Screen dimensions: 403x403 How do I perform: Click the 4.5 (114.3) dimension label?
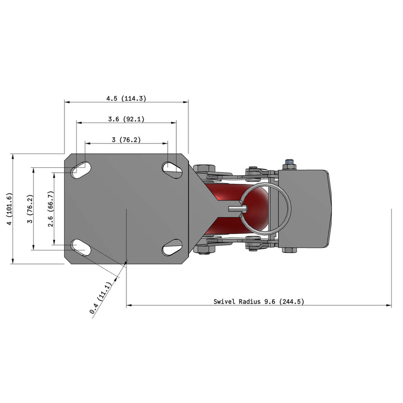coord(126,98)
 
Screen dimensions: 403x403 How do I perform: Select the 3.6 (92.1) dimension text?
coord(126,119)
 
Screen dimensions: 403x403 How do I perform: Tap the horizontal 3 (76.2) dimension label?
coord(126,140)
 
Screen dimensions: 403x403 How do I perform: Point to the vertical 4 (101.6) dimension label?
coord(9,209)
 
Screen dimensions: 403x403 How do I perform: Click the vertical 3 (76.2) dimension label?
coord(30,209)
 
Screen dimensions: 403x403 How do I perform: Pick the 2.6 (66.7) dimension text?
coord(51,209)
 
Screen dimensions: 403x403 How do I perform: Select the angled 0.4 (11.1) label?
coord(101,298)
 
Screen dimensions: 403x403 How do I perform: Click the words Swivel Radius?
coord(237,301)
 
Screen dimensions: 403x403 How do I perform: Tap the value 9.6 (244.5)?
coord(284,301)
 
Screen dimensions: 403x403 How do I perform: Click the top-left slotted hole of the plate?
coord(82,170)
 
